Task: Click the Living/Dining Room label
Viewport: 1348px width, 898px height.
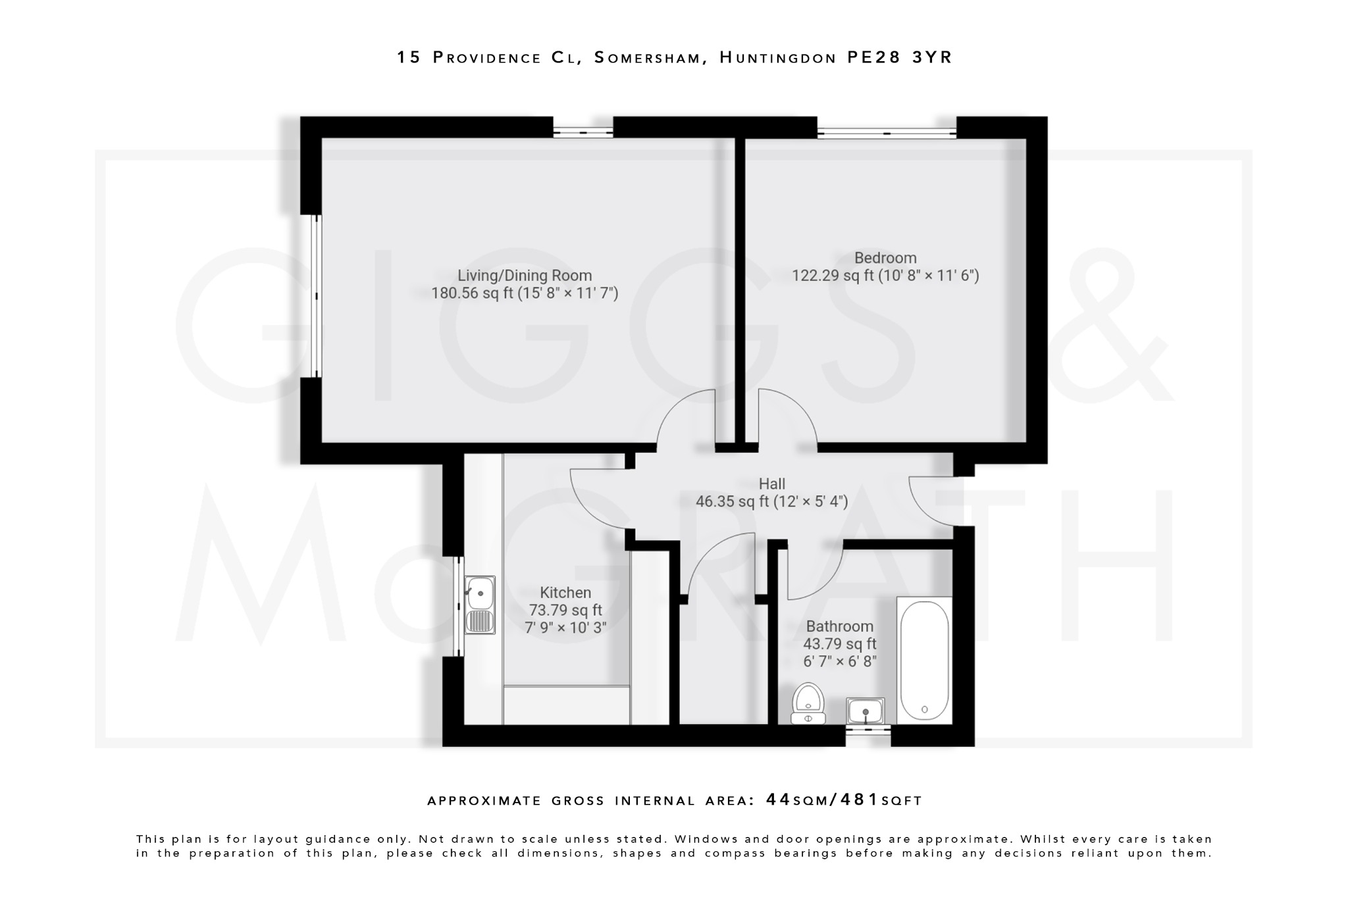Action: pos(525,276)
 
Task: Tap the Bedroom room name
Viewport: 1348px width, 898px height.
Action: pos(885,258)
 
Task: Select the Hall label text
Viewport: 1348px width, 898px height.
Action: pos(771,484)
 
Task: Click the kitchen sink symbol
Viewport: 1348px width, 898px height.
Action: pos(480,605)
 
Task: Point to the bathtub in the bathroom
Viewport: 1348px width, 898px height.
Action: pos(924,660)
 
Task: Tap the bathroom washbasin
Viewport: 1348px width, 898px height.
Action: pos(865,711)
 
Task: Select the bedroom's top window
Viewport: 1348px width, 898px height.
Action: pos(887,133)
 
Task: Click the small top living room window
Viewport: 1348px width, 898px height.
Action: pos(583,132)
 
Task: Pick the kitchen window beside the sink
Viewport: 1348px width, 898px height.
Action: pos(459,606)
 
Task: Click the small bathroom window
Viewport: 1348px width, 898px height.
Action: pos(868,729)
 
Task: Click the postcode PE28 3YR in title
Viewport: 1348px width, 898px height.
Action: pos(899,58)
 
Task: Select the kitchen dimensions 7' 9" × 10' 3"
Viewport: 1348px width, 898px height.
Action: pos(565,628)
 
